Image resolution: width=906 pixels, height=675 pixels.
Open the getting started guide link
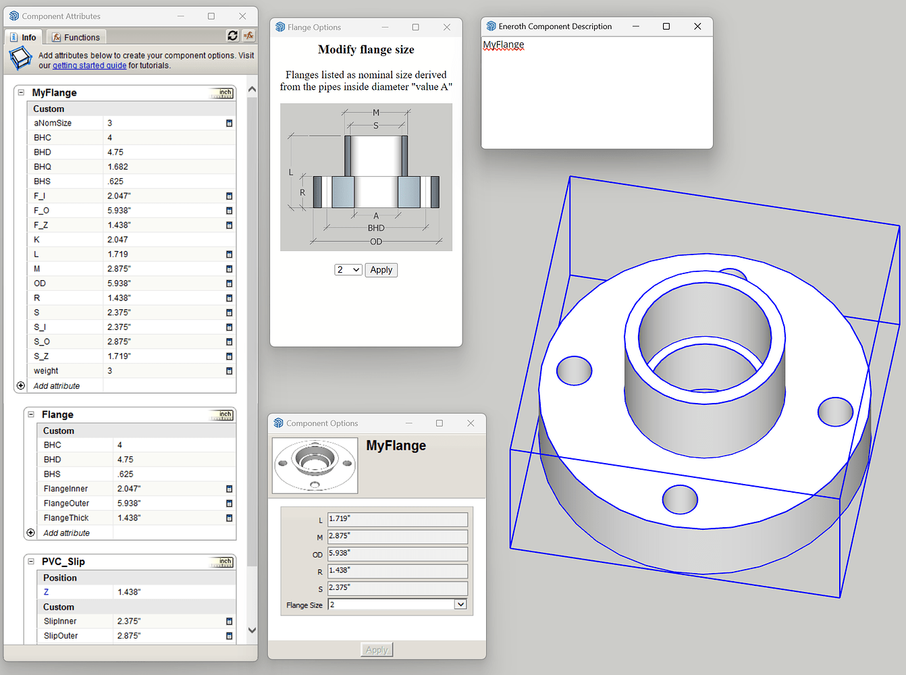click(x=89, y=65)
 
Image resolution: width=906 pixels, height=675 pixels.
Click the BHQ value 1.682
click(x=118, y=167)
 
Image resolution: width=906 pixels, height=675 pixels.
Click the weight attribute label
click(x=46, y=371)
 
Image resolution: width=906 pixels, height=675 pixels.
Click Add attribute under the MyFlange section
click(x=57, y=386)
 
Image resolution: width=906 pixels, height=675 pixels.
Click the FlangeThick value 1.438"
click(x=129, y=518)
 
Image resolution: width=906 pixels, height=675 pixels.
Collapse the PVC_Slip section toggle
click(x=30, y=561)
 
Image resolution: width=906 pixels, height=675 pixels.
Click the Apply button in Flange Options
click(x=381, y=270)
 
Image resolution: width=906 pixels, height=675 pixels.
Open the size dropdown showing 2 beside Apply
click(x=348, y=270)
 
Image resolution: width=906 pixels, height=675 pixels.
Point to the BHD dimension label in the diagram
click(x=376, y=228)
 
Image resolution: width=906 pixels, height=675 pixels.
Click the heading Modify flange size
click(x=366, y=49)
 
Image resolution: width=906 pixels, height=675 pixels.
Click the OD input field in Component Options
click(x=397, y=553)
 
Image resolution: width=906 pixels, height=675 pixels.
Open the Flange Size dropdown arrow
click(x=460, y=604)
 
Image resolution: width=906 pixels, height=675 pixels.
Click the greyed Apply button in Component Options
click(x=377, y=649)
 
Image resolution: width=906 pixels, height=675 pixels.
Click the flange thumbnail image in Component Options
click(x=315, y=465)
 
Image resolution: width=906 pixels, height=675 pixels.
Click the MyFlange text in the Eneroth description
click(x=504, y=45)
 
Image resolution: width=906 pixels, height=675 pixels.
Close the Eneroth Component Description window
click(x=697, y=26)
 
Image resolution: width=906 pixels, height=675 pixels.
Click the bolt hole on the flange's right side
click(x=835, y=411)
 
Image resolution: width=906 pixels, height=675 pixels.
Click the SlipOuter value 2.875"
click(x=129, y=636)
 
